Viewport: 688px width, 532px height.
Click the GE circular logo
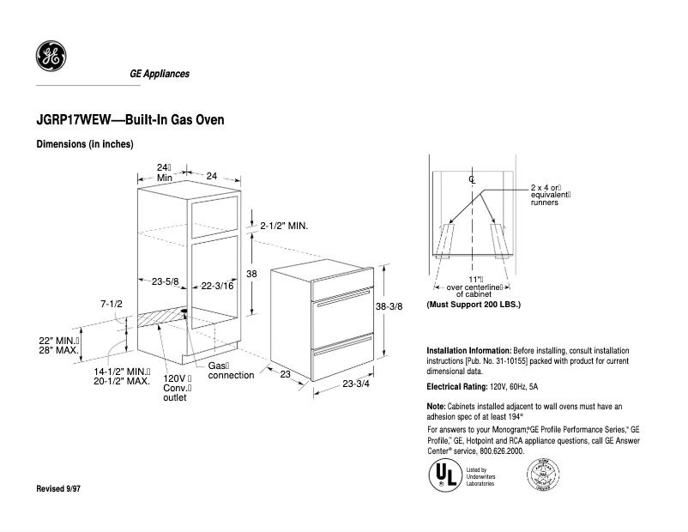pos(50,57)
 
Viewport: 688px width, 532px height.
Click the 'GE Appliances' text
pos(160,74)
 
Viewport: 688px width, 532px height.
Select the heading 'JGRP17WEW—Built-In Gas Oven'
pos(130,120)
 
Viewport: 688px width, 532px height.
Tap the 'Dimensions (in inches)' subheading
pos(85,144)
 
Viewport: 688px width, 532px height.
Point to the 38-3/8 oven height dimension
pos(389,306)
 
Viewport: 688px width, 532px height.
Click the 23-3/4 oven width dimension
pos(356,384)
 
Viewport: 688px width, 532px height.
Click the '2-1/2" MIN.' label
pos(284,226)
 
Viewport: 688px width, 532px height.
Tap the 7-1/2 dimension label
pos(112,304)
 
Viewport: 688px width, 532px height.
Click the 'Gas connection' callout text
pos(230,371)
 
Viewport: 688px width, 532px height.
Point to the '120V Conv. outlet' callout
pos(176,388)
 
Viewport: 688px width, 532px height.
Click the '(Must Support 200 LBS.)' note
pos(474,305)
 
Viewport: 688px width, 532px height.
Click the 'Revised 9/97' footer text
pos(64,488)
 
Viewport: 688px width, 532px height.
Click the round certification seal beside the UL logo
pos(542,474)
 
